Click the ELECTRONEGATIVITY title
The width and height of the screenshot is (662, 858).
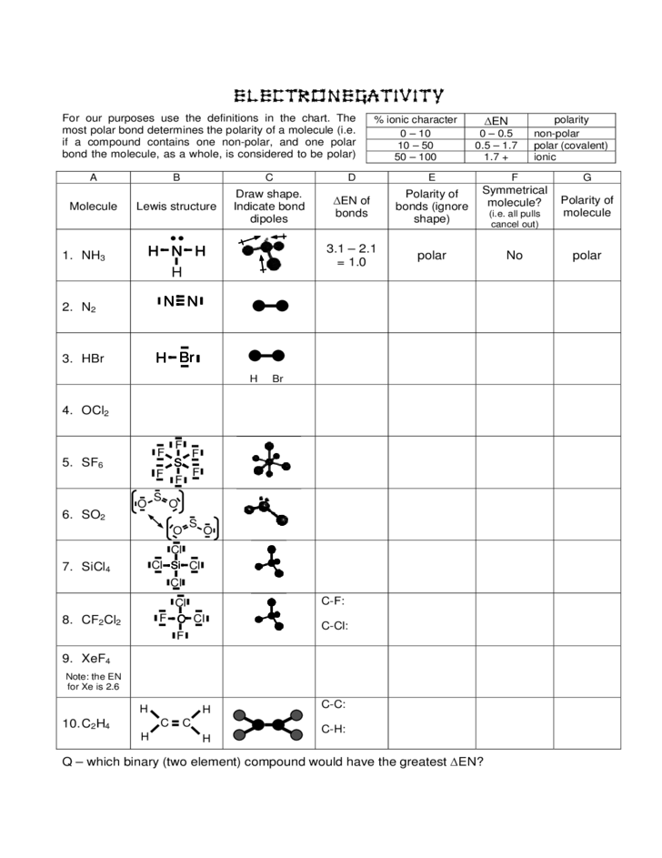338,96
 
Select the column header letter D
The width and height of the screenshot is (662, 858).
351,177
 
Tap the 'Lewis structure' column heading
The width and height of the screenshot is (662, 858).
176,207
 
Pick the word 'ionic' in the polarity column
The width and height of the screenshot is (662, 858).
545,156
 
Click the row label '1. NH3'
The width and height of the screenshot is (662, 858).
85,257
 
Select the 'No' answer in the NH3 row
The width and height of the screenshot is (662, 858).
515,256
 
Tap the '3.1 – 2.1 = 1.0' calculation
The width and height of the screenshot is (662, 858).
351,255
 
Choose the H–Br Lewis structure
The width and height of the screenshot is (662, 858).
177,358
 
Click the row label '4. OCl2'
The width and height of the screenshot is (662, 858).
86,410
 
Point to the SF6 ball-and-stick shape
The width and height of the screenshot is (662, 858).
268,461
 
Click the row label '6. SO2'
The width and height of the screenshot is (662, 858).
85,514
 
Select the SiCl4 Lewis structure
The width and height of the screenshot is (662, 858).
176,565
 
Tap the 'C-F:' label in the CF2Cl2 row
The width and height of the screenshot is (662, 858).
333,601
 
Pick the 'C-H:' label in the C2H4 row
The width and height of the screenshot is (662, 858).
334,729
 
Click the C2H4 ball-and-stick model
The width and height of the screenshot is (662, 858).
269,724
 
